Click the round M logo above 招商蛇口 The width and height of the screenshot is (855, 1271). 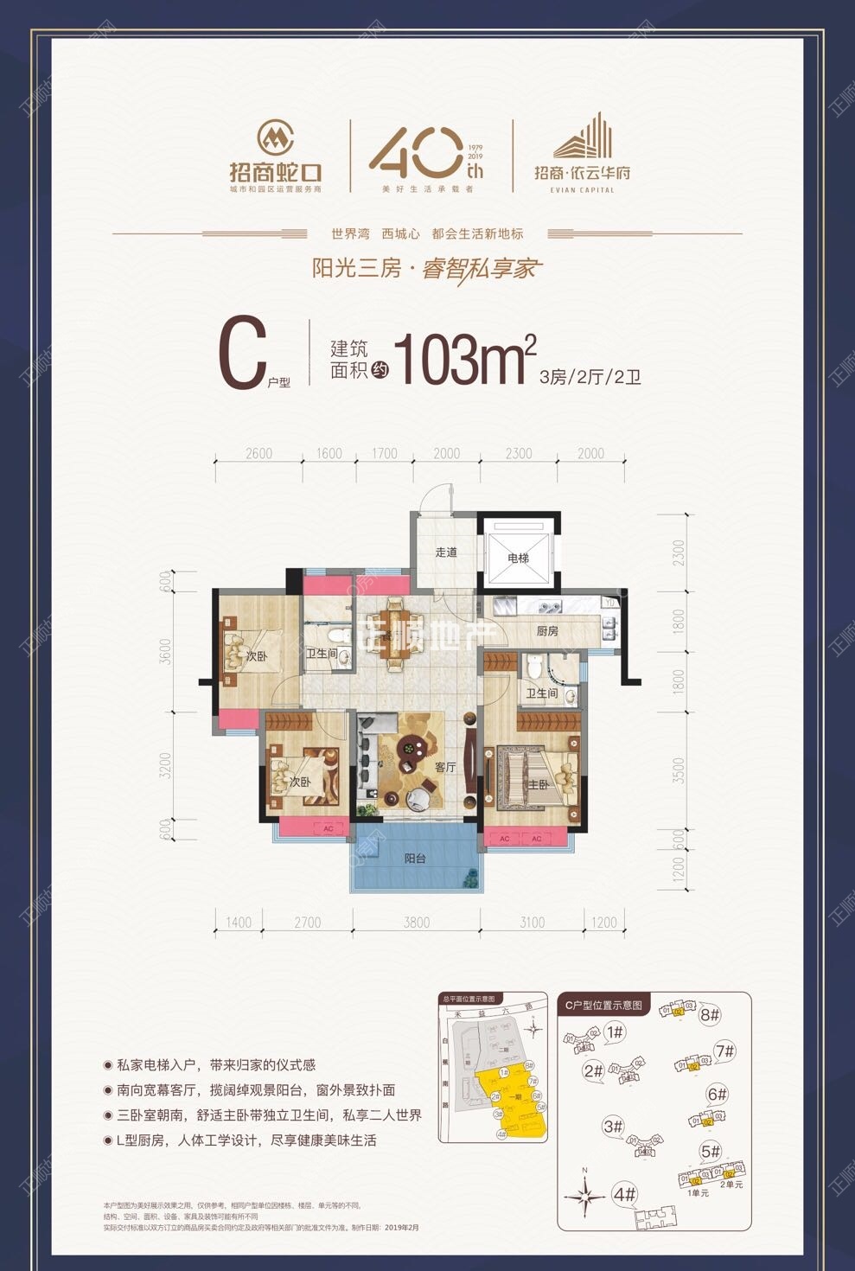tap(276, 137)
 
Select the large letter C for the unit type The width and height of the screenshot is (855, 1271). tap(241, 356)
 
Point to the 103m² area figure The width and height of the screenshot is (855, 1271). tap(465, 358)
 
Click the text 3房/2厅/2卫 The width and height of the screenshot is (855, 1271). tap(590, 377)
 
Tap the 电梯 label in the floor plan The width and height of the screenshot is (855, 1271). tap(518, 559)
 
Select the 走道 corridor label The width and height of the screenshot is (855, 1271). tap(446, 552)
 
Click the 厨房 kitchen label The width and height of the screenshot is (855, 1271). tap(547, 631)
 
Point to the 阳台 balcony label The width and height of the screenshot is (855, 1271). tap(415, 859)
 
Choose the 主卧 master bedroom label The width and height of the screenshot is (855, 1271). tap(538, 785)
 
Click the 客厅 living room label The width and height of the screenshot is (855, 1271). tap(445, 767)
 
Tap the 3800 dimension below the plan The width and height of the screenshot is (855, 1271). tap(416, 923)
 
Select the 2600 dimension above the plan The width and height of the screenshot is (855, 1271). tap(258, 453)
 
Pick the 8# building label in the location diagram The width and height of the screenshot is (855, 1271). tap(710, 1014)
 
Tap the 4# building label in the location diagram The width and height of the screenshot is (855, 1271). tap(624, 1195)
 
